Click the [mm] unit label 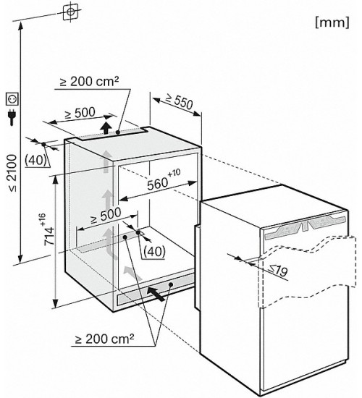tap(332, 22)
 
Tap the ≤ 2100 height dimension tap(12, 173)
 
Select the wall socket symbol tap(12, 98)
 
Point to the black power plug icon tap(12, 117)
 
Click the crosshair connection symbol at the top tap(71, 12)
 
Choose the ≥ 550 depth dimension tap(179, 101)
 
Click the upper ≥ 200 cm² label tap(89, 81)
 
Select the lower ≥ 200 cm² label tap(104, 339)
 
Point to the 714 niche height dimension tap(49, 236)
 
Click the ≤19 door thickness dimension tap(278, 270)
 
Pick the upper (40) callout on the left tap(35, 160)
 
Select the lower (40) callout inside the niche tap(154, 252)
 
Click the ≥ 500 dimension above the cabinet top tap(80, 113)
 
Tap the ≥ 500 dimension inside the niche tap(106, 216)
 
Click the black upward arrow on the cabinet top tap(106, 127)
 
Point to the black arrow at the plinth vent tap(156, 294)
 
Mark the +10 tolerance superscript tap(174, 174)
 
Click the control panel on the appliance tap(305, 226)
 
